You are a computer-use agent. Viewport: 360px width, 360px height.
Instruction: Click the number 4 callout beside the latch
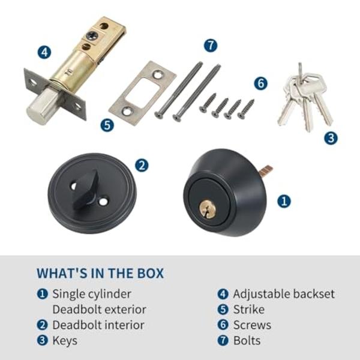44,52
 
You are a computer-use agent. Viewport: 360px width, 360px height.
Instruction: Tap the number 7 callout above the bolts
211,46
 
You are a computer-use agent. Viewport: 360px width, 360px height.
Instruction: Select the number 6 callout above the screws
260,83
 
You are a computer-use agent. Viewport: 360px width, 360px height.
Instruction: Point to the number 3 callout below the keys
331,138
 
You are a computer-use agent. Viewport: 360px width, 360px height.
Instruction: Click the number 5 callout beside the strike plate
107,125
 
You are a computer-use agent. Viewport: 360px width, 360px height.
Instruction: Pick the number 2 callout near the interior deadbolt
142,166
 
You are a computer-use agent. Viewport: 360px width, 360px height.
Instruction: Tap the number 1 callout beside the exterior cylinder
284,201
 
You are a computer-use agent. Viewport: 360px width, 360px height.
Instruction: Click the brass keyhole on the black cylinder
207,208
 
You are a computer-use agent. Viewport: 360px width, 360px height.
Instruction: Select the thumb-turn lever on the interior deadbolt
85,190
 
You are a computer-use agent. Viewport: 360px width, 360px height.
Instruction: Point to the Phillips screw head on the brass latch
92,36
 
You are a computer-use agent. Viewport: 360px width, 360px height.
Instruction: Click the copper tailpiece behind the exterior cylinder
266,170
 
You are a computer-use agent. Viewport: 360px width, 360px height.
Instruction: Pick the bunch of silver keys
305,99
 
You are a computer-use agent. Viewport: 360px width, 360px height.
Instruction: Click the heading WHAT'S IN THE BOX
100,273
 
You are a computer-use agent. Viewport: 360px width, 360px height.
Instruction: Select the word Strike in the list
249,309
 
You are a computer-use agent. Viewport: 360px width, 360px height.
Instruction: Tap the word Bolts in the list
247,340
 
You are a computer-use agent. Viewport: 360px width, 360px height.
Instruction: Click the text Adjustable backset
284,294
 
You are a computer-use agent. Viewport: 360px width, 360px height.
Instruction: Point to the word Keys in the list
65,341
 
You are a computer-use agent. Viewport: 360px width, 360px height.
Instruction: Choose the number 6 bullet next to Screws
223,325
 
